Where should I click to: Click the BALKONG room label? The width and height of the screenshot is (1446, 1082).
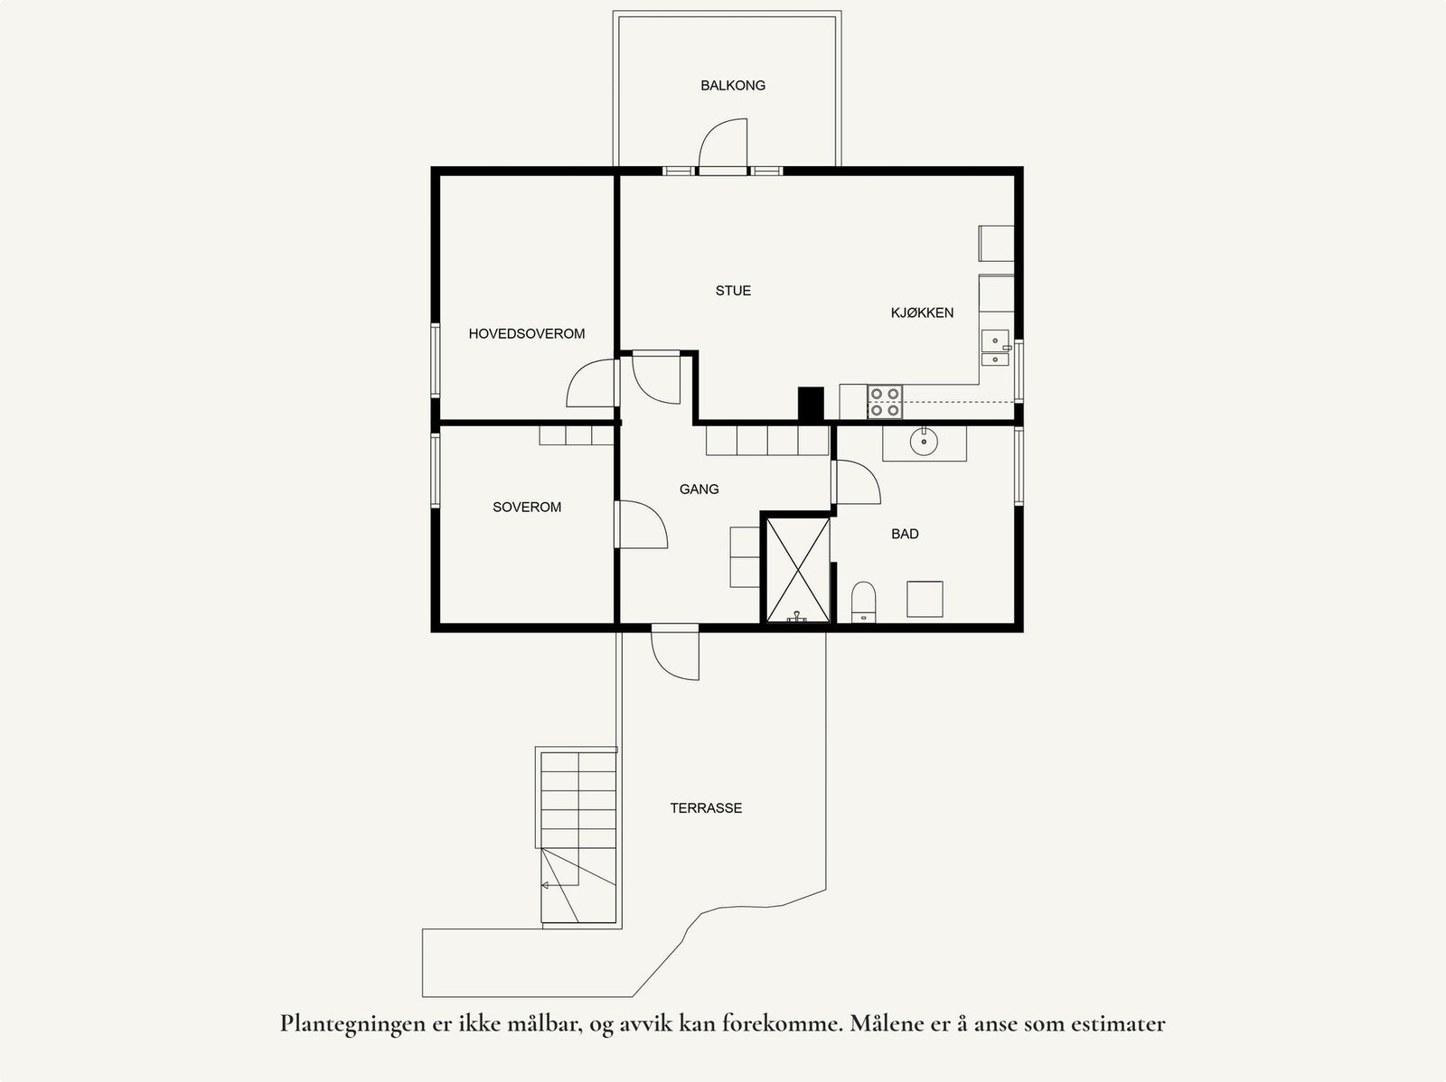[733, 86]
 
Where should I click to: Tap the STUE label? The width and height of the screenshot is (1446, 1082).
[733, 291]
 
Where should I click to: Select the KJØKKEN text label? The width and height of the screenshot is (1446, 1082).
[922, 312]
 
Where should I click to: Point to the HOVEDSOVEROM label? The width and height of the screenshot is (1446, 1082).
[526, 334]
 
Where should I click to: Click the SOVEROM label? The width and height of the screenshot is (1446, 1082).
[527, 508]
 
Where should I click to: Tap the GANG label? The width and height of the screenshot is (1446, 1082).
[699, 490]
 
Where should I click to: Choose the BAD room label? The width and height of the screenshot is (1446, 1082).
[905, 534]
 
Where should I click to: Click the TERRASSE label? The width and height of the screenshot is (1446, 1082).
[706, 808]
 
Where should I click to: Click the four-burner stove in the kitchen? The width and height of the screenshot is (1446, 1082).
[885, 402]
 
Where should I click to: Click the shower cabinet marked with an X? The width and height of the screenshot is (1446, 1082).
[797, 568]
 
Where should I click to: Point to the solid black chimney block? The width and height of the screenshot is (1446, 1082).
[811, 404]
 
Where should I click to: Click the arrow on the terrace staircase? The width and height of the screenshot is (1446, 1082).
[546, 886]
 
